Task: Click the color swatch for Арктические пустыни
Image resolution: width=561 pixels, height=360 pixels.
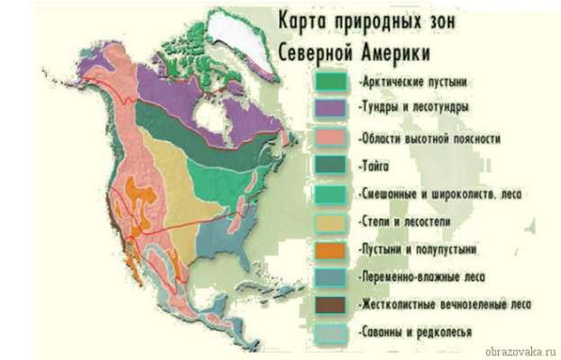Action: pyautogui.click(x=332, y=81)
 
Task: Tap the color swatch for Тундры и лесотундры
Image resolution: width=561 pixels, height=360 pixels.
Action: pyautogui.click(x=332, y=108)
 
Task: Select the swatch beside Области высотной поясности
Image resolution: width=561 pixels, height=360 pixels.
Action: pyautogui.click(x=332, y=138)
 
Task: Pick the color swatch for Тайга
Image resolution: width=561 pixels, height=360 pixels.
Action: pyautogui.click(x=332, y=166)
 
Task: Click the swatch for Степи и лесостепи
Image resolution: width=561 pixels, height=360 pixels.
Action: pyautogui.click(x=332, y=221)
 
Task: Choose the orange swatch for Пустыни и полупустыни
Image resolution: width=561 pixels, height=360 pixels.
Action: pyautogui.click(x=332, y=249)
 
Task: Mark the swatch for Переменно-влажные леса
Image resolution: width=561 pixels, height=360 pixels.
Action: pyautogui.click(x=332, y=277)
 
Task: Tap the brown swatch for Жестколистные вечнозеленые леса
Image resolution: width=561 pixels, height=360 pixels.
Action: pyautogui.click(x=332, y=304)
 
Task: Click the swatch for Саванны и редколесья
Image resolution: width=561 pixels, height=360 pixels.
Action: pyautogui.click(x=332, y=332)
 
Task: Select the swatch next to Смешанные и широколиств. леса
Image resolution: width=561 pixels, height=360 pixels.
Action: pyautogui.click(x=332, y=193)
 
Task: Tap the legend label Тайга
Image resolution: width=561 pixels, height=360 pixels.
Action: pyautogui.click(x=377, y=166)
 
